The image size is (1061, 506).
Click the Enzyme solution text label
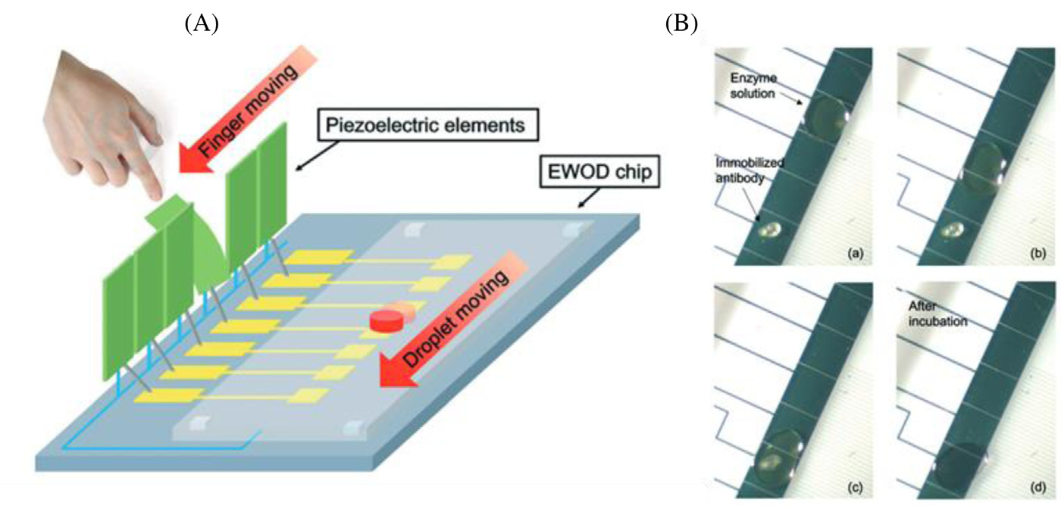pos(759,84)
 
